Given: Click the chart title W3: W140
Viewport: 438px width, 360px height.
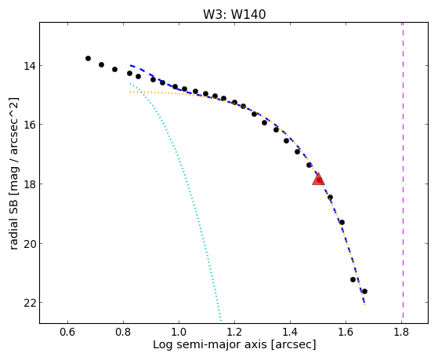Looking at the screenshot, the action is [234, 14].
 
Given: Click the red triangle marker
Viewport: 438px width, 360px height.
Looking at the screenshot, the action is [318, 180].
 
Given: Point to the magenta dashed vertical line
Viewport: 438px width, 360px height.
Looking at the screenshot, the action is [403, 170].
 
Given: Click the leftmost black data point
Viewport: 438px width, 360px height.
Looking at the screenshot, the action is [88, 59].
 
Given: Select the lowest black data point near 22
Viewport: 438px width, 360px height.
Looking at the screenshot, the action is [364, 292].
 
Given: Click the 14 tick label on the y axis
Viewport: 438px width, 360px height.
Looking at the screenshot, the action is [30, 67].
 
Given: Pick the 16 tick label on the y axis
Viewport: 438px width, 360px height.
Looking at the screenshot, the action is [30, 125].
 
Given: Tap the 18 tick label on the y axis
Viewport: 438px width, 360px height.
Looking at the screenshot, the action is [30, 184].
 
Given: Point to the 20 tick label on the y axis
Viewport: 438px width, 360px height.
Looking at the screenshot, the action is [30, 244].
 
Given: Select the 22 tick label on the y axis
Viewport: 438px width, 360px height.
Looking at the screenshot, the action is [30, 303].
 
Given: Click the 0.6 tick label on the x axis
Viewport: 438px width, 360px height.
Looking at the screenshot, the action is [67, 332].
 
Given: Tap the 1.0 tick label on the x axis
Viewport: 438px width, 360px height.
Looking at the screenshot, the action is [179, 332].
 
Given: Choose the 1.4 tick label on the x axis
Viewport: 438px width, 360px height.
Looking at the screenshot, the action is [290, 332].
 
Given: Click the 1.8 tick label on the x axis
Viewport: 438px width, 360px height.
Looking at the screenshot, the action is [401, 332].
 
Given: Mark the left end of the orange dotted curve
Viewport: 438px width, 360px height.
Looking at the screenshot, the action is [130, 92].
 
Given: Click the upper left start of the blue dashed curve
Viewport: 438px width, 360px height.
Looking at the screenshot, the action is [130, 65].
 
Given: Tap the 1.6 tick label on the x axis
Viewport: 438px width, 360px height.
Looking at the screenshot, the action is [346, 332].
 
